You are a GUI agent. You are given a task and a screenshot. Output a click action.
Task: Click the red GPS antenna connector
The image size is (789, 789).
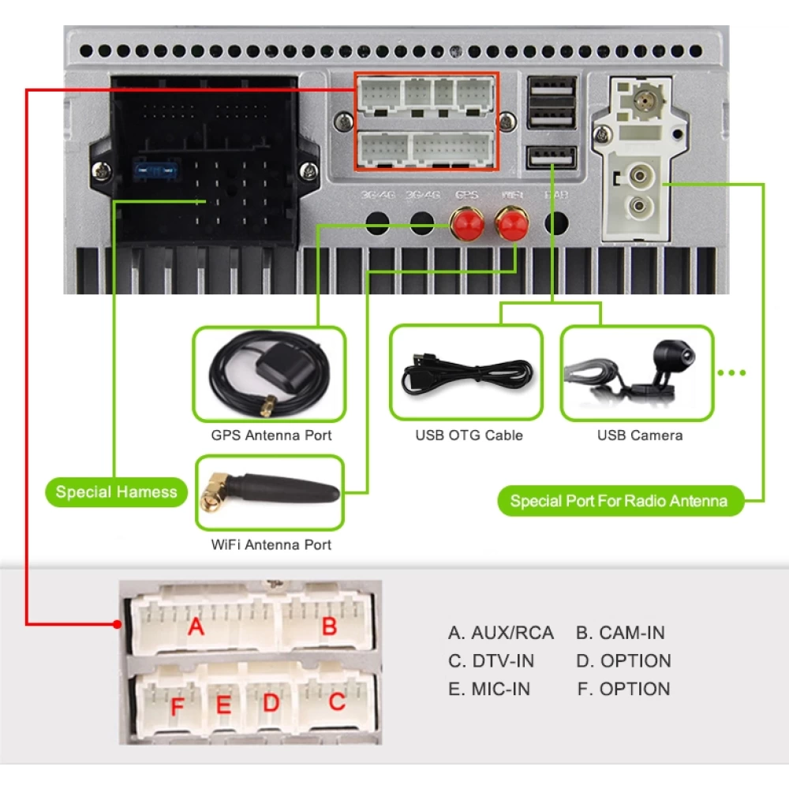[466, 225]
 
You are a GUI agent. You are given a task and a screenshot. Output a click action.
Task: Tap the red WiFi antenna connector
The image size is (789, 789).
[511, 225]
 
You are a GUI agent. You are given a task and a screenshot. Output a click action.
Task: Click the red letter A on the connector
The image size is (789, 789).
[196, 627]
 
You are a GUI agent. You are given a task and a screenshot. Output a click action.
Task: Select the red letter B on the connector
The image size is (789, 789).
[330, 626]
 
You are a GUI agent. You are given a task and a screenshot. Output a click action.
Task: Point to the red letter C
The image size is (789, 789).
[337, 701]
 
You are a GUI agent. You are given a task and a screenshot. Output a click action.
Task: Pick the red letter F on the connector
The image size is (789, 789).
[177, 705]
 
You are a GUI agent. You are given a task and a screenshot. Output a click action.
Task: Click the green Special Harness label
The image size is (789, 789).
[117, 492]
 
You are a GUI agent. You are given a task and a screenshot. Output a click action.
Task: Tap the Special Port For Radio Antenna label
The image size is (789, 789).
[619, 501]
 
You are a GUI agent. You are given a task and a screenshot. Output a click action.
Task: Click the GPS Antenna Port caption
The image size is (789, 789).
[271, 436]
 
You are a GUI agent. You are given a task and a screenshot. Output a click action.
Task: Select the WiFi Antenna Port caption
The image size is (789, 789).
[271, 544]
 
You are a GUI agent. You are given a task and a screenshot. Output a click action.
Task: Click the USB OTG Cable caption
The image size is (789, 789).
[469, 436]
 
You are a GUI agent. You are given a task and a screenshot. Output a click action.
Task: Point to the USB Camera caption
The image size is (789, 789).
[640, 436]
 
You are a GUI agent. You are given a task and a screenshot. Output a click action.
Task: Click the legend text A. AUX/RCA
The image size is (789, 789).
[501, 633]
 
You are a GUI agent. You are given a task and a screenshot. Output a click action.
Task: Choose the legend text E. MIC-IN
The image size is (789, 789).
[489, 689]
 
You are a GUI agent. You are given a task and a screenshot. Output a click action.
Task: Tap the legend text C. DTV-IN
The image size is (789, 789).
[491, 660]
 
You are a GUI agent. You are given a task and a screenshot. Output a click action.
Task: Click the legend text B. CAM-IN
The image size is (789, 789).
[620, 633]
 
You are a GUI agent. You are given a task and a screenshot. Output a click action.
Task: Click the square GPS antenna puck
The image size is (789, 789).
[274, 365]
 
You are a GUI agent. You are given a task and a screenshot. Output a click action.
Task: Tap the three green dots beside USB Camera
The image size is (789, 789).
[732, 372]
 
